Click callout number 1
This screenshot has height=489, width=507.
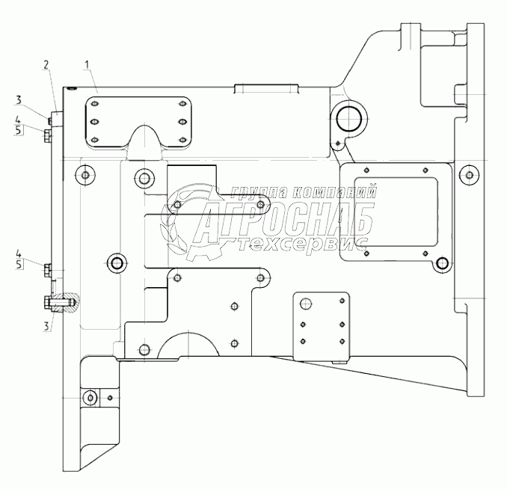(x=87, y=65)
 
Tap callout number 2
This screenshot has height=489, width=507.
(x=46, y=65)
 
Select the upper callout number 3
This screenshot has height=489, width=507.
(x=19, y=100)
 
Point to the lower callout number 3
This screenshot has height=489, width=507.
(x=46, y=326)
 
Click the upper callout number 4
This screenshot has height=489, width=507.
(x=19, y=120)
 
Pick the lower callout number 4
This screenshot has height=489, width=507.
(x=19, y=253)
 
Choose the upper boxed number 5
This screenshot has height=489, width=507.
(x=19, y=130)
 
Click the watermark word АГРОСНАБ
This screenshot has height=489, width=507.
(x=285, y=221)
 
